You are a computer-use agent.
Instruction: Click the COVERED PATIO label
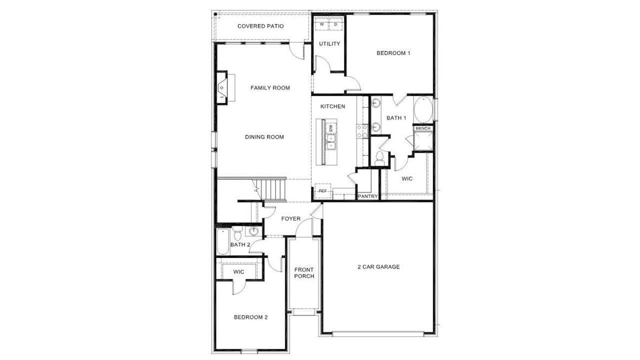260,26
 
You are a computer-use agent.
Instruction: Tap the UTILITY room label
329,44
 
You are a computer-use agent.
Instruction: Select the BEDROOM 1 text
393,53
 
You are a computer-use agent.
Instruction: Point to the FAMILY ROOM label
270,88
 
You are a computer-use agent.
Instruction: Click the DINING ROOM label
264,137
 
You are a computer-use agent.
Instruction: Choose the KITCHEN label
332,106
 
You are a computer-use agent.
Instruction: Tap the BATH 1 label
396,118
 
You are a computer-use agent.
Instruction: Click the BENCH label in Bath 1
423,128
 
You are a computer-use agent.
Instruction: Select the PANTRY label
367,196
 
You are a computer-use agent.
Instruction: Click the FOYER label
291,218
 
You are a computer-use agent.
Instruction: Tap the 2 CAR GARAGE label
378,267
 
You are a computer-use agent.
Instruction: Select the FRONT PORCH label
304,273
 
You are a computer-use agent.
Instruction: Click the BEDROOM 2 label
251,317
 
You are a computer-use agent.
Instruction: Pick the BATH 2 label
240,244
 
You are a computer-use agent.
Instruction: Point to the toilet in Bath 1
378,158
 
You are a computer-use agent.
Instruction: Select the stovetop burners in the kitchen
361,131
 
